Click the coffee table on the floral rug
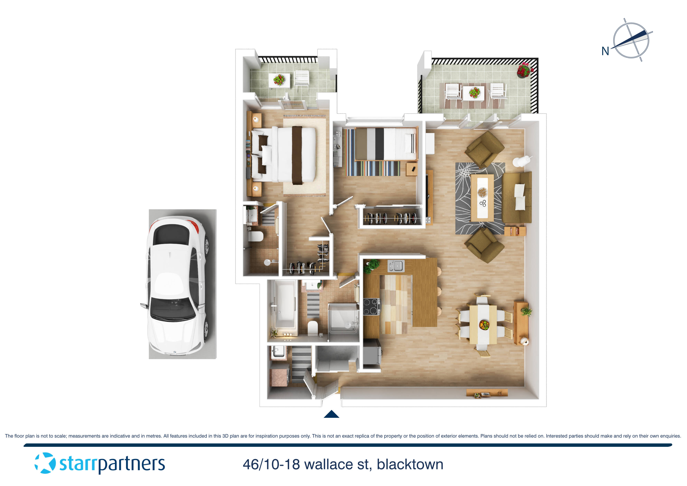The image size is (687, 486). [x=482, y=198]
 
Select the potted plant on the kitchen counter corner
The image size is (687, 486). [x=372, y=265]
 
